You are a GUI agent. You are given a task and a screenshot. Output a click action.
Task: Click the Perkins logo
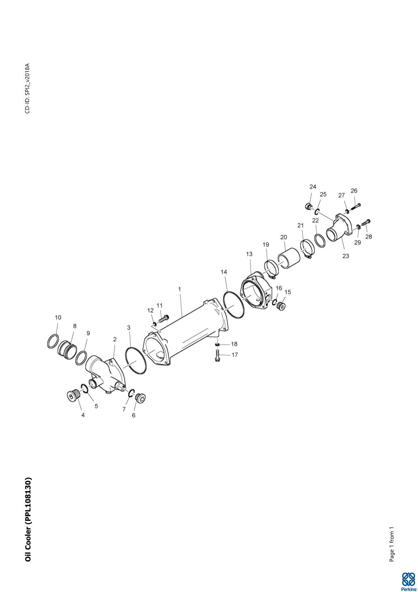pos(408,581)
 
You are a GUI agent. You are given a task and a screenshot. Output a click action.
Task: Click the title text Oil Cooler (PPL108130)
pos(28,520)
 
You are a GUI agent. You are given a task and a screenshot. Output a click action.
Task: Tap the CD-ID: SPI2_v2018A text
pos(28,88)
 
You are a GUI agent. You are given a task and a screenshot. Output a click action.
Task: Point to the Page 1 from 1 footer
pos(391,544)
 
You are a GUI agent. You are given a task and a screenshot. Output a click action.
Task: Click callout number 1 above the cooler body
pos(179,289)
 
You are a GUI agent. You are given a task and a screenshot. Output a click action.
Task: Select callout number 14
pos(224,272)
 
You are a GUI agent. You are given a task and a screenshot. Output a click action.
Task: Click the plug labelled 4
pos(73,395)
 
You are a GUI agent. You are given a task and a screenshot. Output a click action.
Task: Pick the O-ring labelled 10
pos(53,342)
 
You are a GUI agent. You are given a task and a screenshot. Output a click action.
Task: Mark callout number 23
pos(346,256)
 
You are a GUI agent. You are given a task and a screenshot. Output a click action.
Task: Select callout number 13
pos(249,254)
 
